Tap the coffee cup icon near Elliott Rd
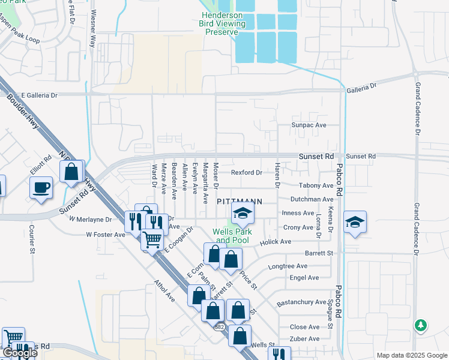[41, 187]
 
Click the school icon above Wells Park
[243, 213]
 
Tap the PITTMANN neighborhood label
[239, 202]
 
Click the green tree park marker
[421, 326]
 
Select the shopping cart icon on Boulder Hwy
[152, 240]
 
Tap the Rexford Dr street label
[247, 173]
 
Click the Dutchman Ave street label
[311, 199]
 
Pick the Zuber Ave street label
[305, 339]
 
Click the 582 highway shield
[220, 327]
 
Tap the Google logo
[19, 353]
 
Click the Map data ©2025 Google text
[411, 355]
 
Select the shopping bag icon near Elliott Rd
[71, 172]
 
